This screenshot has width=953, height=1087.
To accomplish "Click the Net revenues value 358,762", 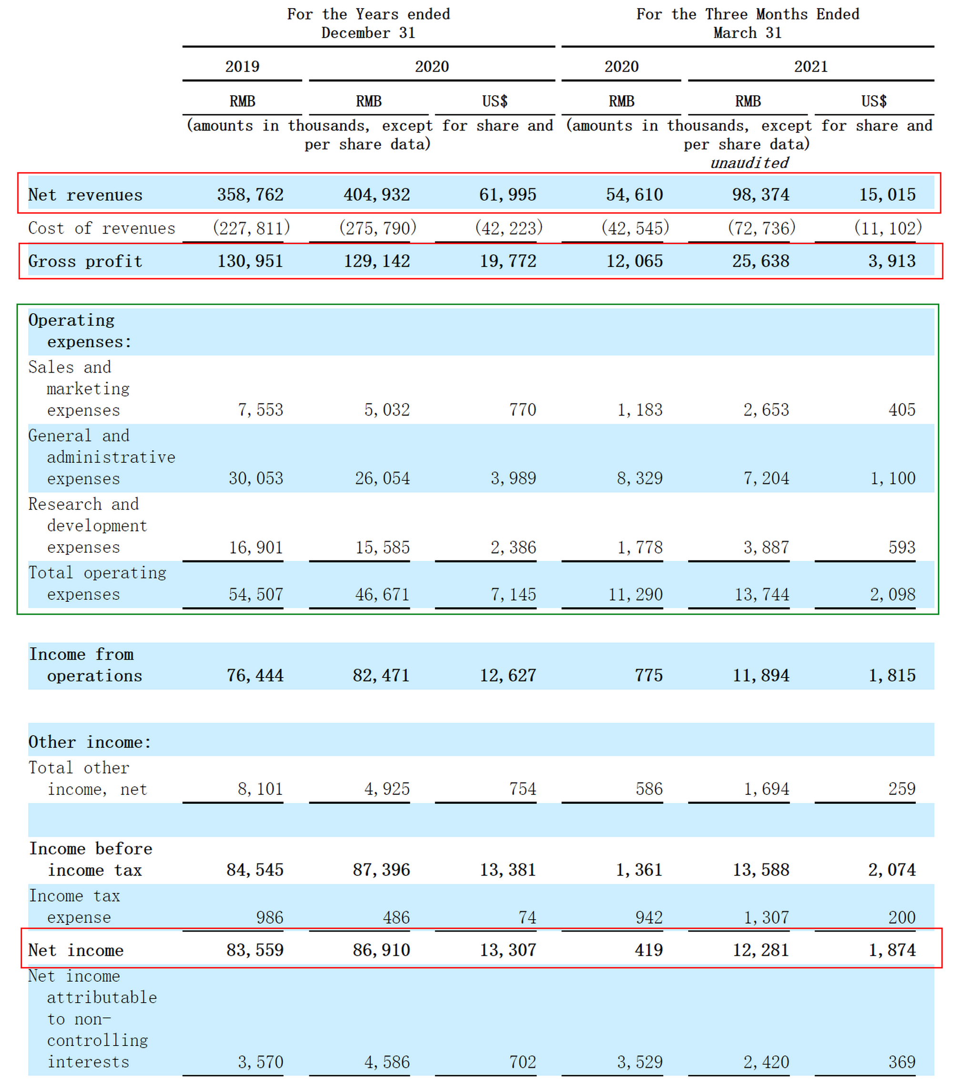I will point(250,194).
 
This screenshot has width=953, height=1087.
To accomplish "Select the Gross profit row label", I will point(85,261).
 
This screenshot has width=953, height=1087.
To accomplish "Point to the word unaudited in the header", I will point(750,163).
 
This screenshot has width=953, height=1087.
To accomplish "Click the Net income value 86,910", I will point(381,950).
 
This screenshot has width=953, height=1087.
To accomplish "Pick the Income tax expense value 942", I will point(649,917).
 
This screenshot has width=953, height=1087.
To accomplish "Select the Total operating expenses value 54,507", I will point(256,594).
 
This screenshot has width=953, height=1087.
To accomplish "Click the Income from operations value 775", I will point(649,675).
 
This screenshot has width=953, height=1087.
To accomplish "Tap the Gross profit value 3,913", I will point(892,261).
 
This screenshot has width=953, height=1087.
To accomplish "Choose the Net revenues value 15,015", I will point(888,194).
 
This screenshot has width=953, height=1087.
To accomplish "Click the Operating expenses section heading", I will point(80,331).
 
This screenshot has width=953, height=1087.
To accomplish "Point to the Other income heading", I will point(90,742).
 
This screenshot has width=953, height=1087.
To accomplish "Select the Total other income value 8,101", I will point(260,789).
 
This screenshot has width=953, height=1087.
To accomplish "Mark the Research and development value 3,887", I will point(766,547).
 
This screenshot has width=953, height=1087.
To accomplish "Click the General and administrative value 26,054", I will point(382,478).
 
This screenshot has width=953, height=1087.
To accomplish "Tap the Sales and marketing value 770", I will point(522,409).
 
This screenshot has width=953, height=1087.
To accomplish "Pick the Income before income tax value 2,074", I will point(892,870).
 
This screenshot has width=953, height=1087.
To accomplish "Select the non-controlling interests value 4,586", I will point(386,1062).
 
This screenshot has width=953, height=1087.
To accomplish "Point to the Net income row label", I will point(75,950).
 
